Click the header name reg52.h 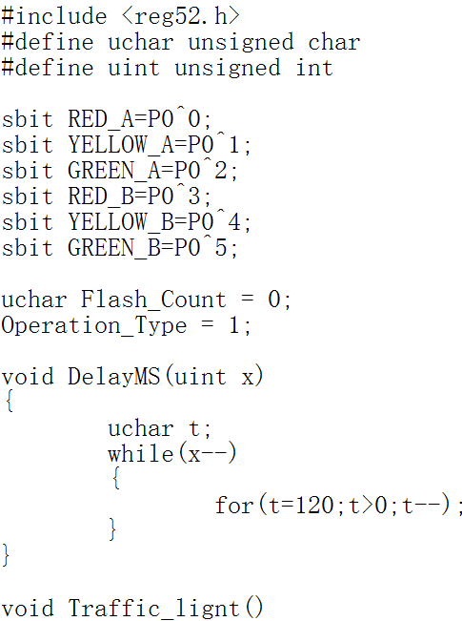click(181, 17)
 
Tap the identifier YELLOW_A click(121, 145)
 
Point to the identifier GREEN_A click(114, 171)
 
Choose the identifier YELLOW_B click(121, 222)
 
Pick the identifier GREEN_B click(114, 248)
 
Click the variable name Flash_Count click(153, 300)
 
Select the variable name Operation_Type click(93, 326)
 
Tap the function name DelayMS click(113, 376)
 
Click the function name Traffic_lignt click(153, 608)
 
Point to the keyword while click(140, 453)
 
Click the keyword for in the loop click(234, 505)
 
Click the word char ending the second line click(334, 42)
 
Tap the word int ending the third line click(314, 68)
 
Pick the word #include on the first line click(54, 16)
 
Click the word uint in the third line click(133, 68)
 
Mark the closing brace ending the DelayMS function click(6, 555)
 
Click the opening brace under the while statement click(116, 478)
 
